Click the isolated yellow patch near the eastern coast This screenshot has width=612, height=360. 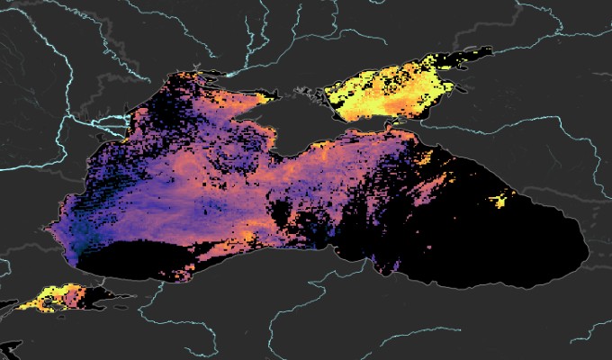[502, 197]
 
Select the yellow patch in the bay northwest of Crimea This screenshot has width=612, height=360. [267, 94]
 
